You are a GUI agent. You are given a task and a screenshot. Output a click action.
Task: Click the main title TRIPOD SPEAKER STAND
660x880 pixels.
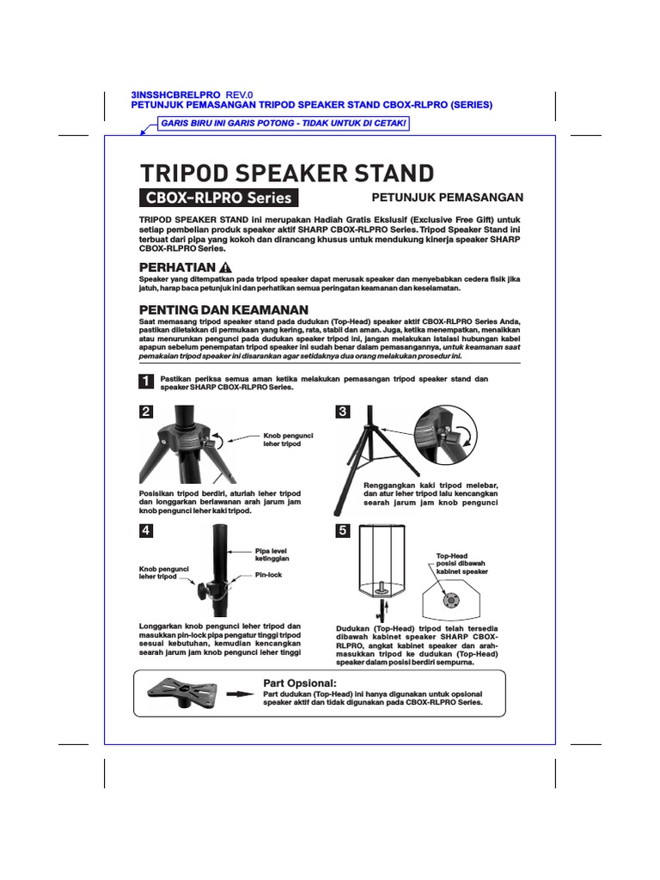[x=287, y=173]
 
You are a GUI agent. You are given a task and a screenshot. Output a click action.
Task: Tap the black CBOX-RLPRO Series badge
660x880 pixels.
[x=218, y=198]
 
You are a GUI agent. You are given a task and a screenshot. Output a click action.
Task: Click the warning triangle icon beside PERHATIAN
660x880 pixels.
[x=226, y=267]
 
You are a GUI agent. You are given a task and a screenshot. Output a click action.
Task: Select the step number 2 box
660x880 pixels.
[x=146, y=412]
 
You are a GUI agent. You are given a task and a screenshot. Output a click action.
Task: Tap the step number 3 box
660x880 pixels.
[x=343, y=412]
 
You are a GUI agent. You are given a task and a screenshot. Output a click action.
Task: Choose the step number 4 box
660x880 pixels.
[x=146, y=531]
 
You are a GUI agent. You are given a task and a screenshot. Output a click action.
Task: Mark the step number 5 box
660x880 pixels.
[x=343, y=531]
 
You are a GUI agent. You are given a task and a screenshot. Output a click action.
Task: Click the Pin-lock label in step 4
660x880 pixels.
[x=268, y=574]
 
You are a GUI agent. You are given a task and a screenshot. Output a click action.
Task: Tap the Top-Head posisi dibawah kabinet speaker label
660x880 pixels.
[x=461, y=564]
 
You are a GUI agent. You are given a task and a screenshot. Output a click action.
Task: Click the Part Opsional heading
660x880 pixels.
[x=300, y=682]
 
